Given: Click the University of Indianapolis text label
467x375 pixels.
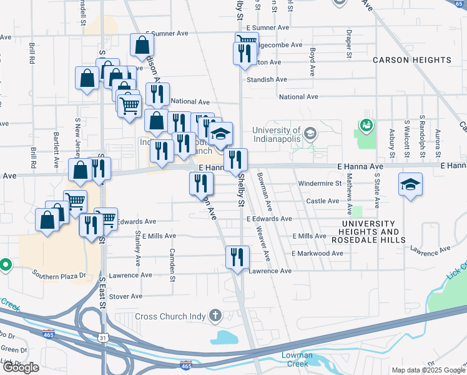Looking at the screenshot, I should (x=268, y=134).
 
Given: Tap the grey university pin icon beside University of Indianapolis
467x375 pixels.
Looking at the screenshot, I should (x=310, y=133).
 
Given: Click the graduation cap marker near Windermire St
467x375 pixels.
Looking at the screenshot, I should (x=411, y=184).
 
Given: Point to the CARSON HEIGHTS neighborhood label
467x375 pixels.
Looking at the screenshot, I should (x=412, y=60).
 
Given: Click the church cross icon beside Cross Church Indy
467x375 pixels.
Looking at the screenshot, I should (x=215, y=316).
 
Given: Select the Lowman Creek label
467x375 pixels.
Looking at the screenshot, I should (x=297, y=359).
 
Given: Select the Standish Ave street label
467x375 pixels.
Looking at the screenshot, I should (x=266, y=79).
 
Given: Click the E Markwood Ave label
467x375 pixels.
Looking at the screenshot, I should (x=317, y=253).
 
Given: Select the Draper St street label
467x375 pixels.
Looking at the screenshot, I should (x=347, y=40).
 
